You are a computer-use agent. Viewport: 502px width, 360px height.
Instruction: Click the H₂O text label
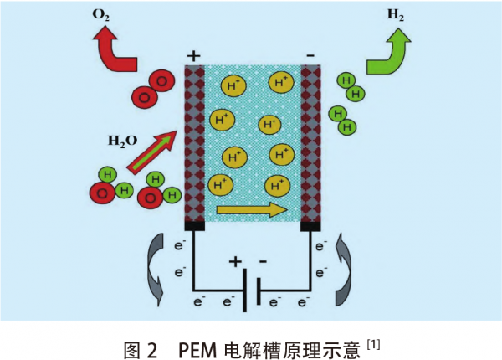coord(121,140)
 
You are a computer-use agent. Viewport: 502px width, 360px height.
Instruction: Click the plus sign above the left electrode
coord(194,56)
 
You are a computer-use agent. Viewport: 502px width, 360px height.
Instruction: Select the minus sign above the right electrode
coord(310,55)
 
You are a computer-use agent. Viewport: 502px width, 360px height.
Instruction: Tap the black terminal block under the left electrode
coord(194,225)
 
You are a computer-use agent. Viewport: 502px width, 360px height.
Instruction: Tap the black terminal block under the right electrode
coord(311,225)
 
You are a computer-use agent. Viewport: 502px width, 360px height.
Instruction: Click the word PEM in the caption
coord(197,344)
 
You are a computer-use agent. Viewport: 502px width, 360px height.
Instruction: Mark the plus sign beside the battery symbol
coord(235,261)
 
